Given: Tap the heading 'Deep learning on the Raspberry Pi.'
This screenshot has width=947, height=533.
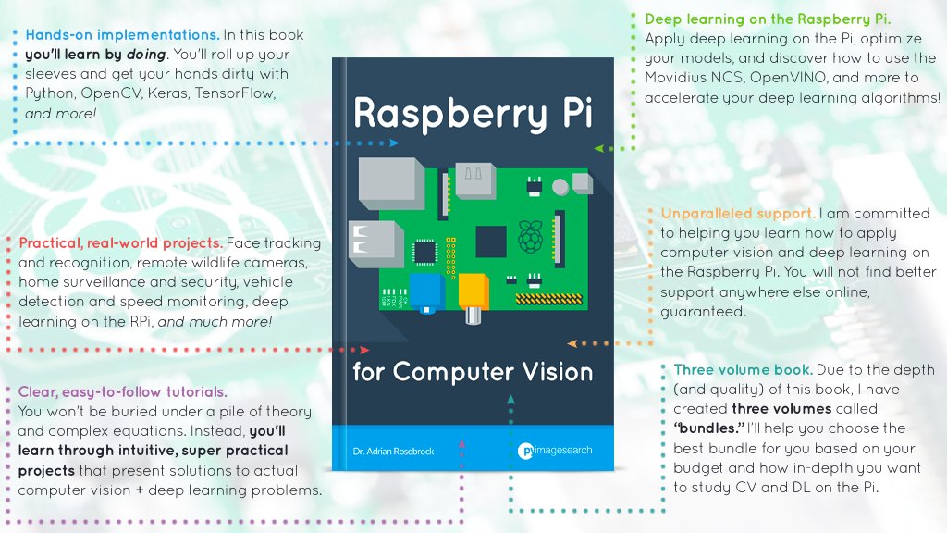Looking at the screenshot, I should pos(768,19).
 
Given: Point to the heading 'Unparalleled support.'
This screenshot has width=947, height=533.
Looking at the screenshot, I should pos(737,213).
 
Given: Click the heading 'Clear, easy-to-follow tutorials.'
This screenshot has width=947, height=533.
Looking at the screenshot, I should pos(123,391).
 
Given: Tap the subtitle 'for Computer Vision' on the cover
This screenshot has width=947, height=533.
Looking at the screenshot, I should pos(473,372).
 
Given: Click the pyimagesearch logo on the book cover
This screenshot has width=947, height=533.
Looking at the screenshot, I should pos(554,451).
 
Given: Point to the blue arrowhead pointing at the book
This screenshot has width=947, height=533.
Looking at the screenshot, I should pos(395,143).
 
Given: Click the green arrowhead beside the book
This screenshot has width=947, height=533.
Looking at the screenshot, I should pos(598,147).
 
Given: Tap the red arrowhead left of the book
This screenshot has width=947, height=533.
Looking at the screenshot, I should pos(364,350).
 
